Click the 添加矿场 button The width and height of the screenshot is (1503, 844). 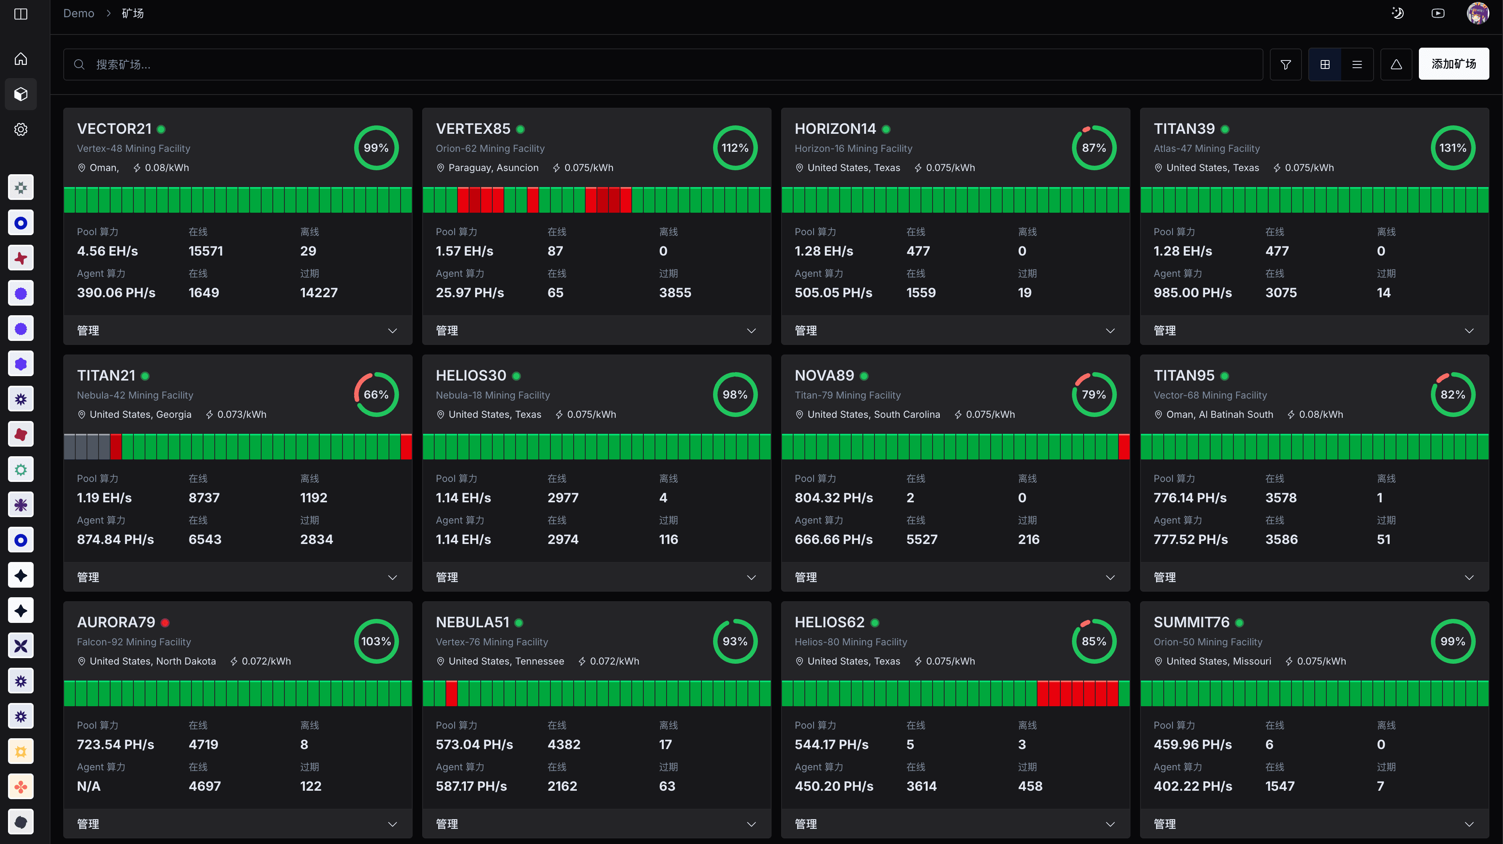(1453, 64)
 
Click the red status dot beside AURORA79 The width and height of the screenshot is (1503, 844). (165, 622)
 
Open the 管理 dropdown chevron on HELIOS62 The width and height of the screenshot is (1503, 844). (1110, 824)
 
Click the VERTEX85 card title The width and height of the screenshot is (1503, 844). (473, 129)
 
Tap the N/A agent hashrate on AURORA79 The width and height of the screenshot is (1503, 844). (89, 786)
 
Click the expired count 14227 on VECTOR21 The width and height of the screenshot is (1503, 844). (318, 293)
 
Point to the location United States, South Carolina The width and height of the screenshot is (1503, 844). (873, 415)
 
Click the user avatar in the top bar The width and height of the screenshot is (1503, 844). (1477, 13)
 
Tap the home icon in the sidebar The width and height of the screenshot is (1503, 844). (21, 59)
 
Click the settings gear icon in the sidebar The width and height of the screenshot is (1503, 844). (21, 129)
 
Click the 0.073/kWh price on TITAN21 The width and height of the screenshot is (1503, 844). (242, 415)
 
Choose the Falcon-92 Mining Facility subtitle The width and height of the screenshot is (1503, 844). (134, 642)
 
